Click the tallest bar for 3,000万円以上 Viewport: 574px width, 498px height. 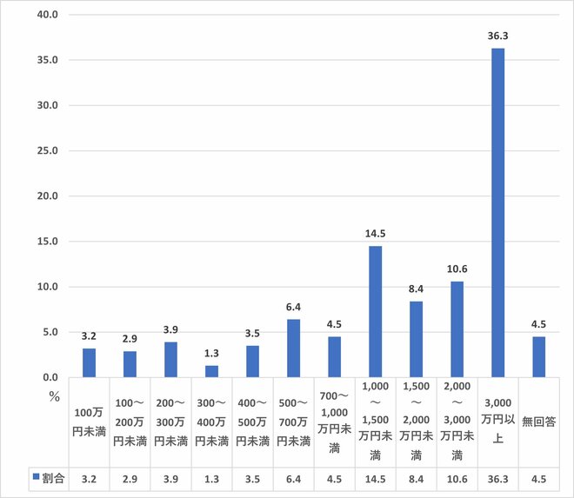498,213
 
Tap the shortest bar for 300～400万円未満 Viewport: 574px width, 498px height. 211,371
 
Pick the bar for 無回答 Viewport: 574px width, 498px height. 539,356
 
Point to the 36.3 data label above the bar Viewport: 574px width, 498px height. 498,37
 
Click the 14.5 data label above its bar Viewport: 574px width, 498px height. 375,234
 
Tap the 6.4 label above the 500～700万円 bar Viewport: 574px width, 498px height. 293,308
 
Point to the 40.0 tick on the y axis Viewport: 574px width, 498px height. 46,15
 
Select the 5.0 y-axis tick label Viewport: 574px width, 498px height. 50,332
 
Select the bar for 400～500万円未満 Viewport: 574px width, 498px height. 252,362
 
